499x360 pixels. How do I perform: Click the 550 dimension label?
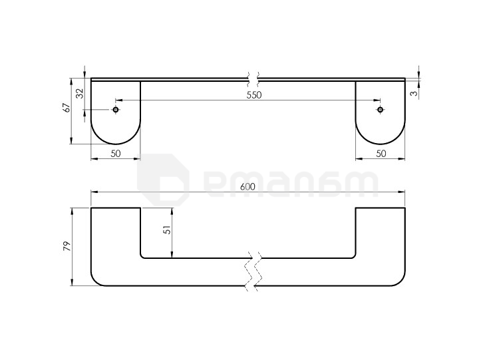click(254, 95)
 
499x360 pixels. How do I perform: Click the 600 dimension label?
click(248, 187)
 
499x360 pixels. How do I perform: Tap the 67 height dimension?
click(67, 108)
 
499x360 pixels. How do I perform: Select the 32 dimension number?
click(80, 93)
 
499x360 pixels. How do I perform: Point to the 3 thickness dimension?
click(414, 93)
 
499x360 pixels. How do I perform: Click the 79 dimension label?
click(67, 246)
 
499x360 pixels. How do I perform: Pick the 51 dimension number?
click(167, 230)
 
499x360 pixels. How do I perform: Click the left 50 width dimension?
click(116, 154)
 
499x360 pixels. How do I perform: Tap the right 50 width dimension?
click(381, 154)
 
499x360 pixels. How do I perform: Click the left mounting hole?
click(116, 110)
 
